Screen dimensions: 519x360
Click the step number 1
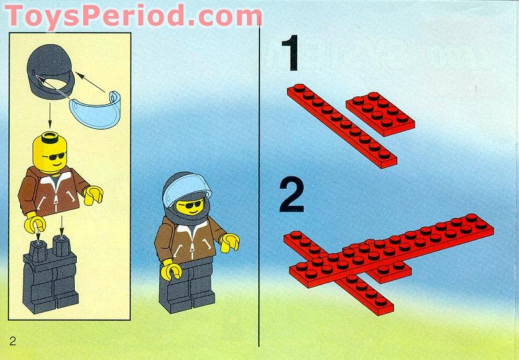(291, 53)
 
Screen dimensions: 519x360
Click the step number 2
(291, 195)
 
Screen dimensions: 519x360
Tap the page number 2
(12, 340)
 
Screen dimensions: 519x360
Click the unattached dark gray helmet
(49, 71)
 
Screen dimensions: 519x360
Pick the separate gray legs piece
(50, 275)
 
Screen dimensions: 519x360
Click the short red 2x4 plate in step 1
(380, 114)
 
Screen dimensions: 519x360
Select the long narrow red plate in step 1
(342, 126)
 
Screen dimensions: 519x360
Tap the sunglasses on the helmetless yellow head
(54, 156)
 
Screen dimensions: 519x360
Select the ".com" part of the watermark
(224, 16)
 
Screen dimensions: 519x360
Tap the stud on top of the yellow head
(50, 137)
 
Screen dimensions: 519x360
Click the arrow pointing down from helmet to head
(49, 116)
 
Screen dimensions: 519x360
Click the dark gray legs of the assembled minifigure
(187, 286)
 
